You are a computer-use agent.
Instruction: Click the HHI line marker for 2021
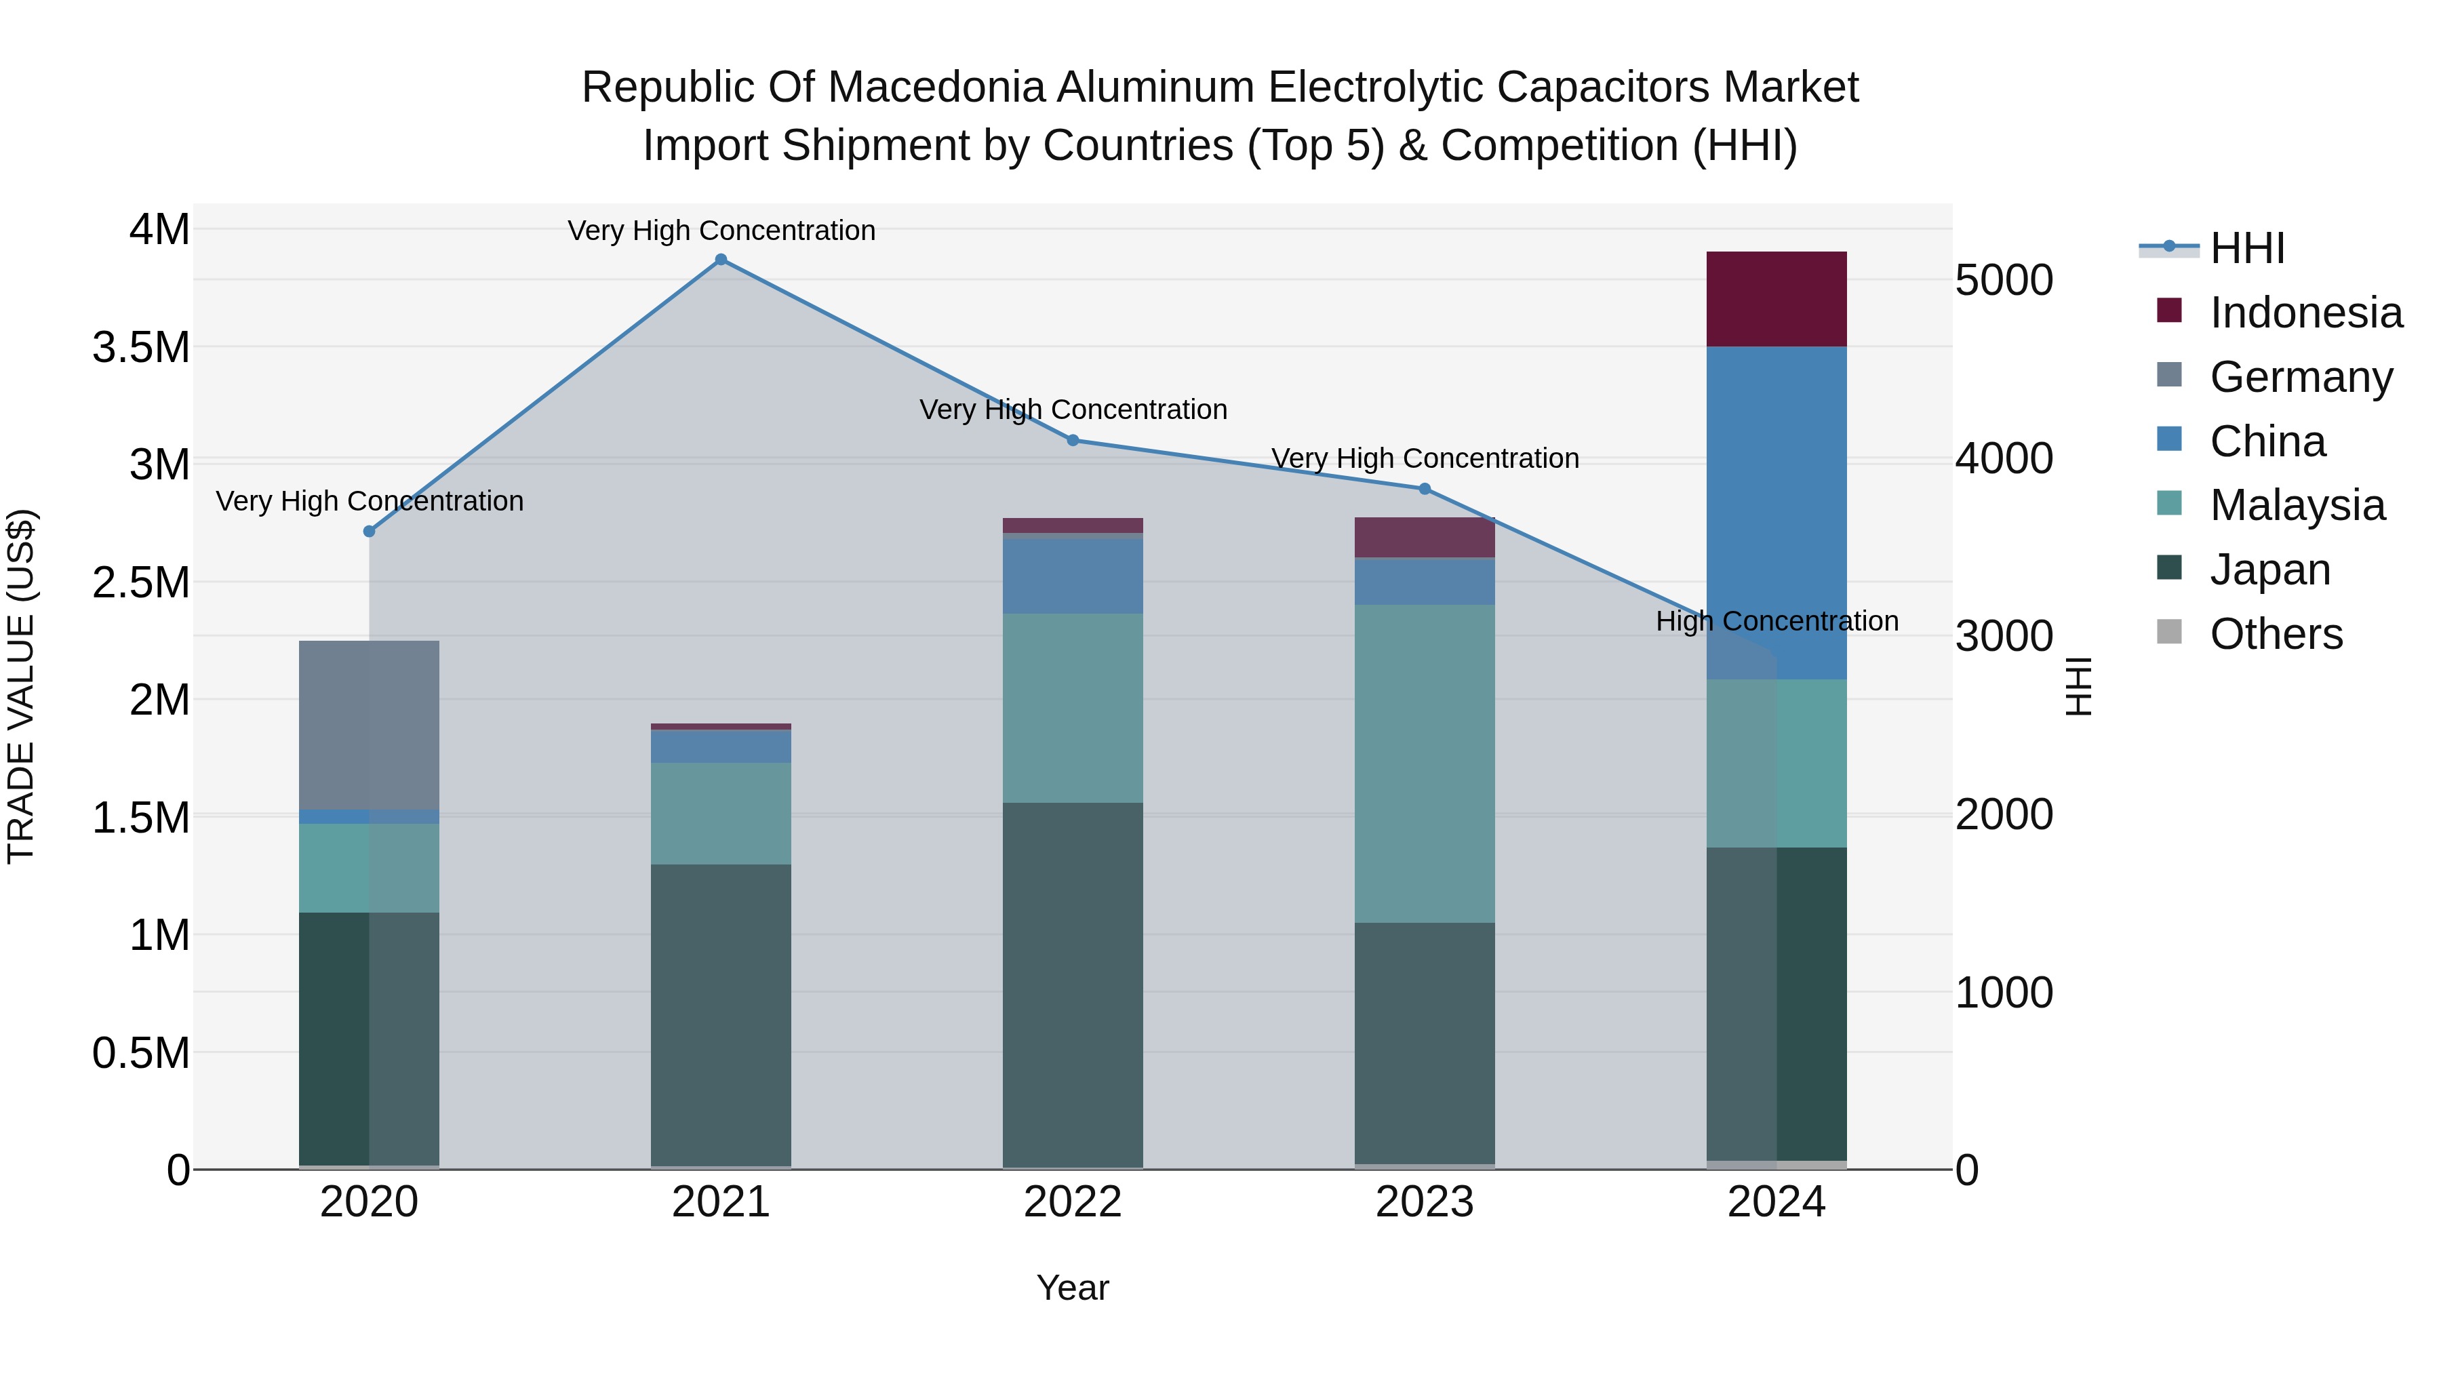click(721, 260)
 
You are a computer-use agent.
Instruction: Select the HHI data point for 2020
click(370, 532)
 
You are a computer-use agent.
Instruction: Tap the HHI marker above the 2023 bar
click(1424, 489)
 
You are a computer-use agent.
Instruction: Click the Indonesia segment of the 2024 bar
click(1776, 300)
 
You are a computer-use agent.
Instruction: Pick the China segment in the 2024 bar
click(1776, 512)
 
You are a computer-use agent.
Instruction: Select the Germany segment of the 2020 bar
click(370, 725)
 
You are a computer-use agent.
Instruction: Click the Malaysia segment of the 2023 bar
click(1424, 763)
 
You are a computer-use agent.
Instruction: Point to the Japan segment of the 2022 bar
click(1073, 985)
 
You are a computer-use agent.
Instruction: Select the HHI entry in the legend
click(2247, 248)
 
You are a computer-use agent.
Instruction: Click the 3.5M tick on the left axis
click(141, 348)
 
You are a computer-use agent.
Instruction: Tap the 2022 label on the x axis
click(1073, 1202)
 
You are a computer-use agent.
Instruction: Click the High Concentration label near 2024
click(1777, 622)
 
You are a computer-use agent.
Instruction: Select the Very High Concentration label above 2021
click(721, 231)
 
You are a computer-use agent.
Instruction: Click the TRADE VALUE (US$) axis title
click(22, 686)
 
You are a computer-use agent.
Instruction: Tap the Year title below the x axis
click(1073, 1288)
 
